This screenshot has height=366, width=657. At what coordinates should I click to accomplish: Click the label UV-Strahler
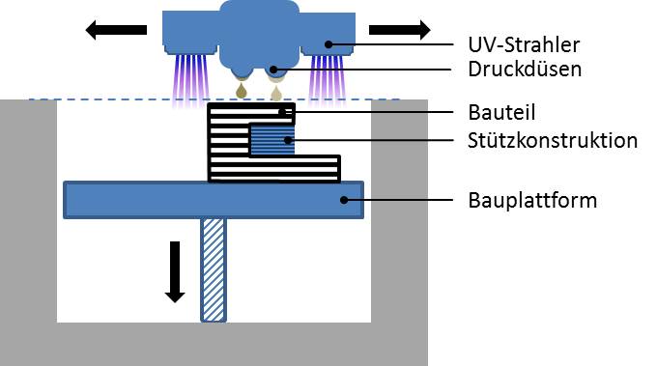coord(524,44)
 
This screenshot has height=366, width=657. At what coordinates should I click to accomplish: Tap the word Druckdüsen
coord(525,70)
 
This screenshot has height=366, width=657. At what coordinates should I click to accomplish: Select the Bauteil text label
coord(501,112)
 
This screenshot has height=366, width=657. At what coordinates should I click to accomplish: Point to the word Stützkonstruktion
coord(553,140)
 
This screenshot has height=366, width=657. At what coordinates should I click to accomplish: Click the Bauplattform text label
coord(532,200)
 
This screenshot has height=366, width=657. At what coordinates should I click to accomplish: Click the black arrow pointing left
coord(116,30)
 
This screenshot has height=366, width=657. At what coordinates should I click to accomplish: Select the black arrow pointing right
coord(400,30)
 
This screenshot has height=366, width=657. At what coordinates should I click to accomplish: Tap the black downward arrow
coord(175,271)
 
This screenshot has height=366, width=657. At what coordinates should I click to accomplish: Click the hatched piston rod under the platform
coord(214,269)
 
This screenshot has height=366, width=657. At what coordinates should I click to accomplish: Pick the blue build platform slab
coord(214,200)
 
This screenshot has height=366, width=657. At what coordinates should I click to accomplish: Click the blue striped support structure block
coord(271,140)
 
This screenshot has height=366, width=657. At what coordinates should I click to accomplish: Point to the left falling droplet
coord(242,91)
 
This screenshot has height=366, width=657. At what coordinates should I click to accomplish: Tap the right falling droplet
coord(275,93)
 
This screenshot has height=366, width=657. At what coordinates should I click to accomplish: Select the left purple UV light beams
coord(190,79)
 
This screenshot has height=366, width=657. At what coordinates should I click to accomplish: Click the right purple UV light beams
coord(328,79)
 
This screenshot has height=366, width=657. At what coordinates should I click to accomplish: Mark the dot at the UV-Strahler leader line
coord(328,44)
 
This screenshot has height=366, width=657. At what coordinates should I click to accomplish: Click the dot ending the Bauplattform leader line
coord(344,200)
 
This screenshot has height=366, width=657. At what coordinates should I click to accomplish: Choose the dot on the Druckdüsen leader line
coord(273,70)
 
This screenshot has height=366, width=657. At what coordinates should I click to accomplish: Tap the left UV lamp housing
coord(190,33)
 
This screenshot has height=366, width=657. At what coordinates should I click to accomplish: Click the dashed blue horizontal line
coord(214,99)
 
